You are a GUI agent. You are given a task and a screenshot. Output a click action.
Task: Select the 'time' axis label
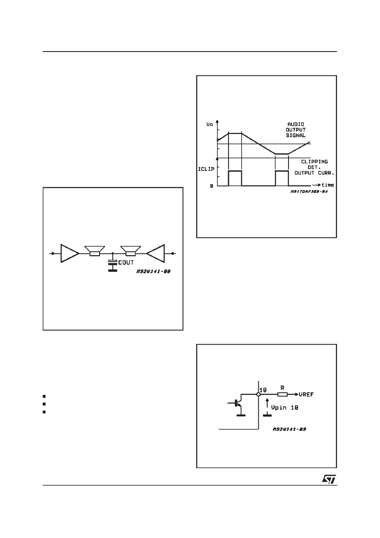(327, 185)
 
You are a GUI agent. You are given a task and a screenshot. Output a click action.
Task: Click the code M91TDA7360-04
(309, 192)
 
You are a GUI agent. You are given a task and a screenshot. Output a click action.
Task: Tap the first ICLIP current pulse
(235, 178)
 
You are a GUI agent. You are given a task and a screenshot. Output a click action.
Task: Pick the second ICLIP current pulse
(282, 178)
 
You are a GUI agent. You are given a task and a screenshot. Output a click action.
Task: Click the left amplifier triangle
(69, 253)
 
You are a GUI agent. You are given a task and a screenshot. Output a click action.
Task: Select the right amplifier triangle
(156, 253)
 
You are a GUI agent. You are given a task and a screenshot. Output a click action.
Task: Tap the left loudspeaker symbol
(94, 251)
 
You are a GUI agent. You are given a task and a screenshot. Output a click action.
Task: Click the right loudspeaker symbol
(130, 251)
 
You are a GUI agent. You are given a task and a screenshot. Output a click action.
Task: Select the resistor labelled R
(283, 394)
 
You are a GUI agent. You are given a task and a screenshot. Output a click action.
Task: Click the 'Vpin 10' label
(285, 408)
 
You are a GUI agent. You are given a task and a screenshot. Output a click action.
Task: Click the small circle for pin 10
(258, 394)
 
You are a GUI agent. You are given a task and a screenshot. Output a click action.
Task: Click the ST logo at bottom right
(329, 479)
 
